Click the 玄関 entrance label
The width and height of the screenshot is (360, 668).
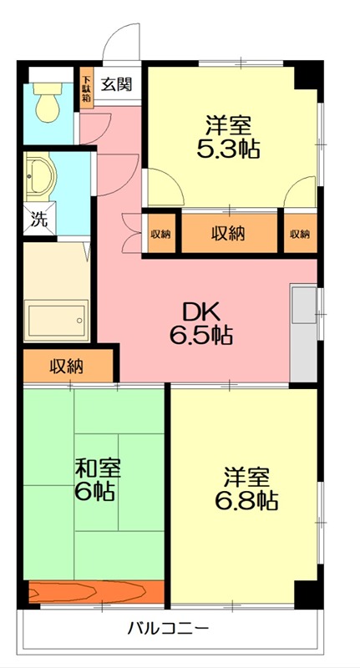[x=116, y=83]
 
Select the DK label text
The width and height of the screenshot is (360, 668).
[x=201, y=311]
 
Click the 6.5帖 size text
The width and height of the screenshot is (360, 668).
[x=200, y=336]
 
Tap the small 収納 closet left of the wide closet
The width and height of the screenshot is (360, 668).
[x=160, y=234]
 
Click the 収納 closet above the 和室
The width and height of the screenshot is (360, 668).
[x=67, y=366]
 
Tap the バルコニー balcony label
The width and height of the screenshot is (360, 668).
[x=168, y=628]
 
